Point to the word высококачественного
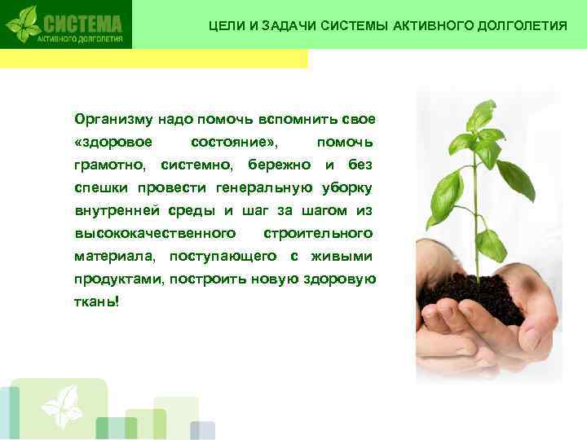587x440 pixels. [x=149, y=234]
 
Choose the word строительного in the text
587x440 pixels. [x=318, y=234]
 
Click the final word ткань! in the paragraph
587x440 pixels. [x=96, y=302]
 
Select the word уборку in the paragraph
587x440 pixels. [x=347, y=188]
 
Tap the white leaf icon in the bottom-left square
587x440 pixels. [x=62, y=407]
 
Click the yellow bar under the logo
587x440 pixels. [x=154, y=59]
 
